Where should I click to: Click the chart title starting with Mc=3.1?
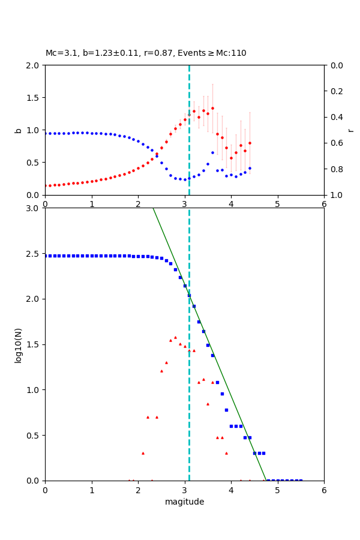tap(146, 53)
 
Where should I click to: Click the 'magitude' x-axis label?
tap(184, 502)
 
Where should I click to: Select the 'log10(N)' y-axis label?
tap(18, 344)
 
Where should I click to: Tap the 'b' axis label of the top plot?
tap(18, 130)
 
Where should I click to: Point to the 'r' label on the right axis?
tap(350, 130)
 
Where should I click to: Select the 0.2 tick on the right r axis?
tap(335, 91)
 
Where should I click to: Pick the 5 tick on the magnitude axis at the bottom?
tap(277, 490)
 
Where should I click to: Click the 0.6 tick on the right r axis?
tap(335, 143)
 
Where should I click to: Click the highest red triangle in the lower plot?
tap(175, 337)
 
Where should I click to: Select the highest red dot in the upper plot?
tap(212, 109)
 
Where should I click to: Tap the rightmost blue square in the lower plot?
tap(301, 480)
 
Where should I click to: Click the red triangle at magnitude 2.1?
tap(143, 453)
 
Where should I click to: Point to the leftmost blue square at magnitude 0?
tap(45, 256)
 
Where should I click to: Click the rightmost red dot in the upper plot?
tap(250, 143)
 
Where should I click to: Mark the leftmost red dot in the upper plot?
tap(45, 186)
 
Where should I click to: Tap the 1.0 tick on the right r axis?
tap(335, 195)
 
